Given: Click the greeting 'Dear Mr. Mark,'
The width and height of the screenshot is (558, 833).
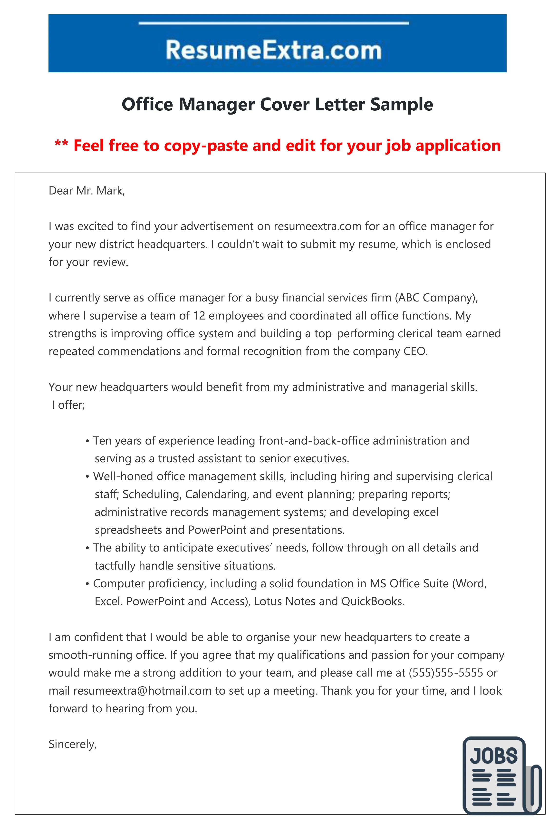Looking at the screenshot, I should click(x=87, y=191).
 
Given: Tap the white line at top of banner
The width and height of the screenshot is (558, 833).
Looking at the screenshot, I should click(x=273, y=23).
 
